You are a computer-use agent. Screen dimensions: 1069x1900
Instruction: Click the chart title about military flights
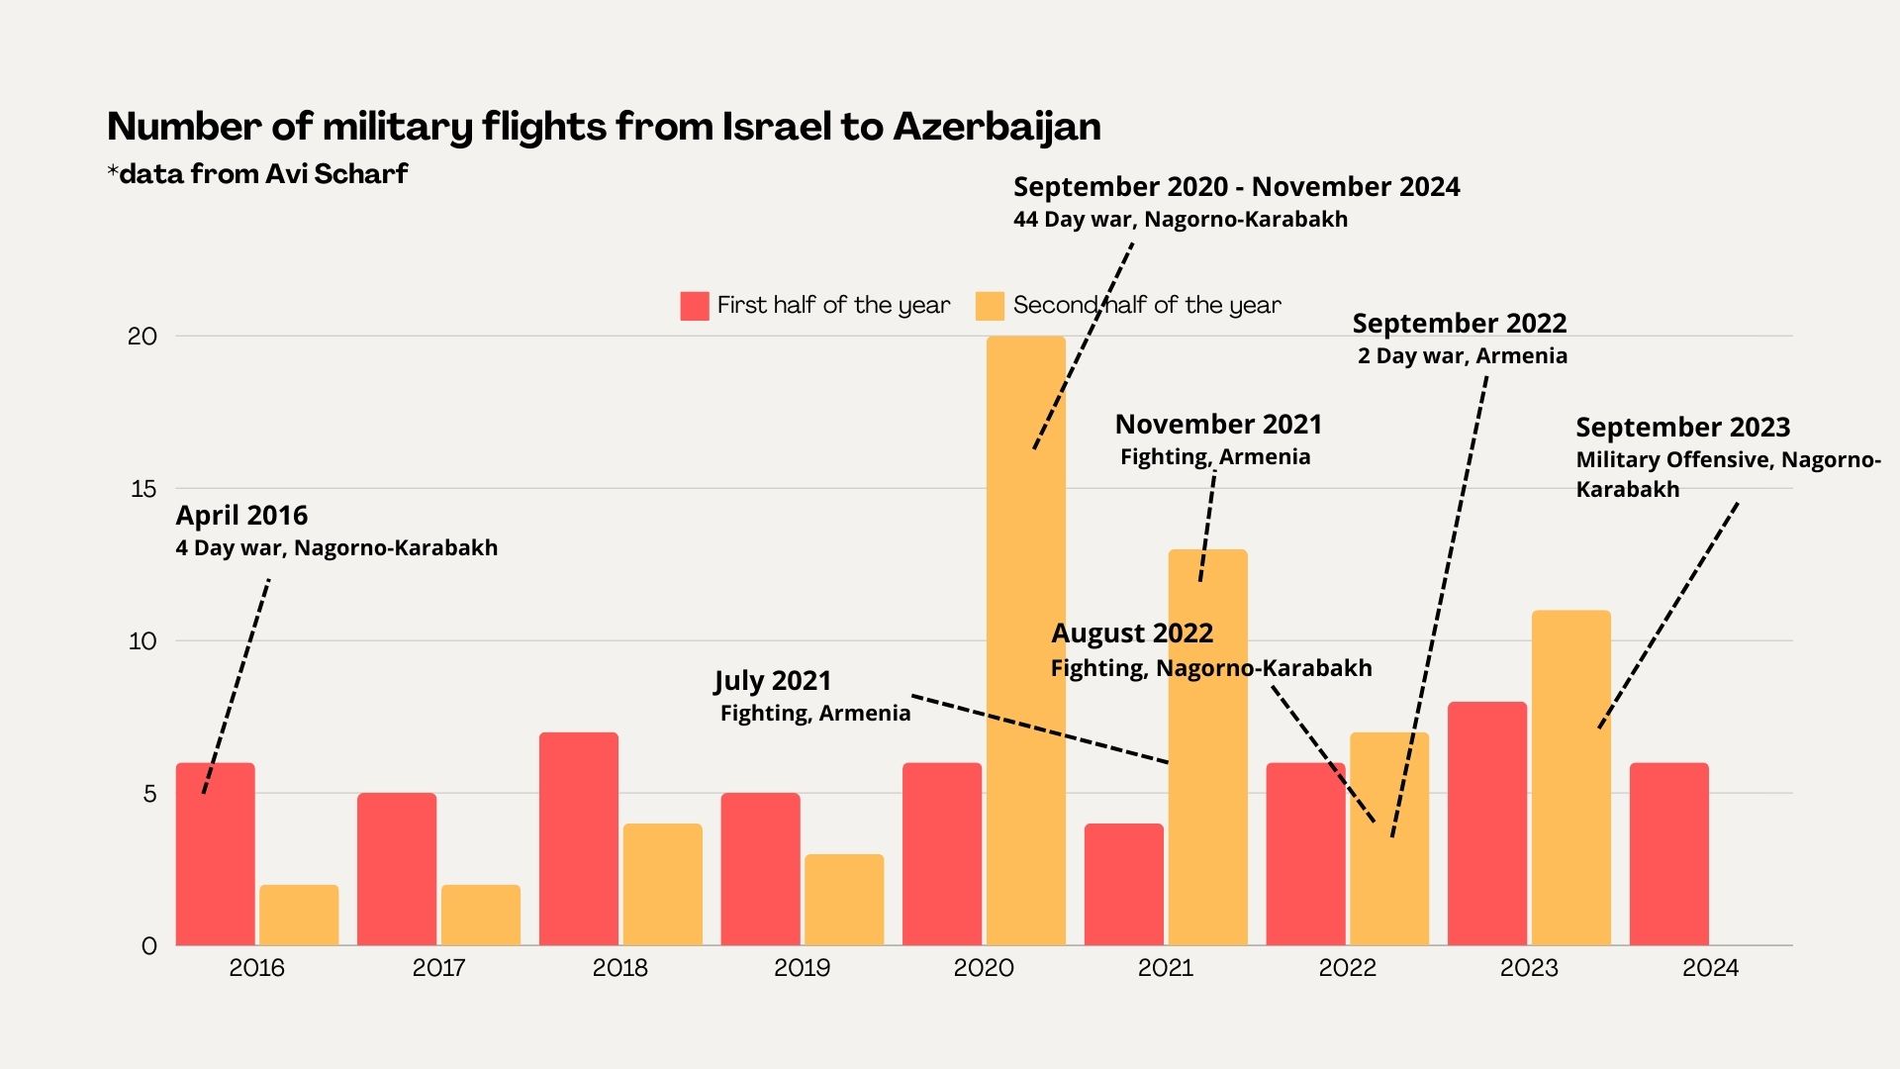point(604,127)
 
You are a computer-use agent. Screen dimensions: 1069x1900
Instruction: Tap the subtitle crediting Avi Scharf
point(257,174)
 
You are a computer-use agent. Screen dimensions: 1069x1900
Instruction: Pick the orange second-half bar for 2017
point(481,916)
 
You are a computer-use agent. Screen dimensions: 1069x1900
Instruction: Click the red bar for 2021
point(1124,885)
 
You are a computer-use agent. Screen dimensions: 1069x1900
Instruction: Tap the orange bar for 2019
point(844,900)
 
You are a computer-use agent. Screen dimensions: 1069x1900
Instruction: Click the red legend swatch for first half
point(695,306)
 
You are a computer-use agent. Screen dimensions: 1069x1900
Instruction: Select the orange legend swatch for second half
point(990,306)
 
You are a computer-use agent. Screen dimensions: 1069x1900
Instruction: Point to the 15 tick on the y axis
point(143,489)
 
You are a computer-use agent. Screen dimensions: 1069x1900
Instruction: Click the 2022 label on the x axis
point(1347,968)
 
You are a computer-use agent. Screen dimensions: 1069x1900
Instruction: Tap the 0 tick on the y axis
point(149,946)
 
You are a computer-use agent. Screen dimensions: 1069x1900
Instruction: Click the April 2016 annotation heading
point(241,516)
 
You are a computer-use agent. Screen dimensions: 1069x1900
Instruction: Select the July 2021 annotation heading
point(773,681)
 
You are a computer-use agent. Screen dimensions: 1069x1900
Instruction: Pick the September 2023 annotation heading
point(1682,428)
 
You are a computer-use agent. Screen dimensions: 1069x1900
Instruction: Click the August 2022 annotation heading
point(1132,633)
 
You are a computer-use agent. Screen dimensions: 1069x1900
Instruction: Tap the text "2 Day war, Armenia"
point(1463,356)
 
